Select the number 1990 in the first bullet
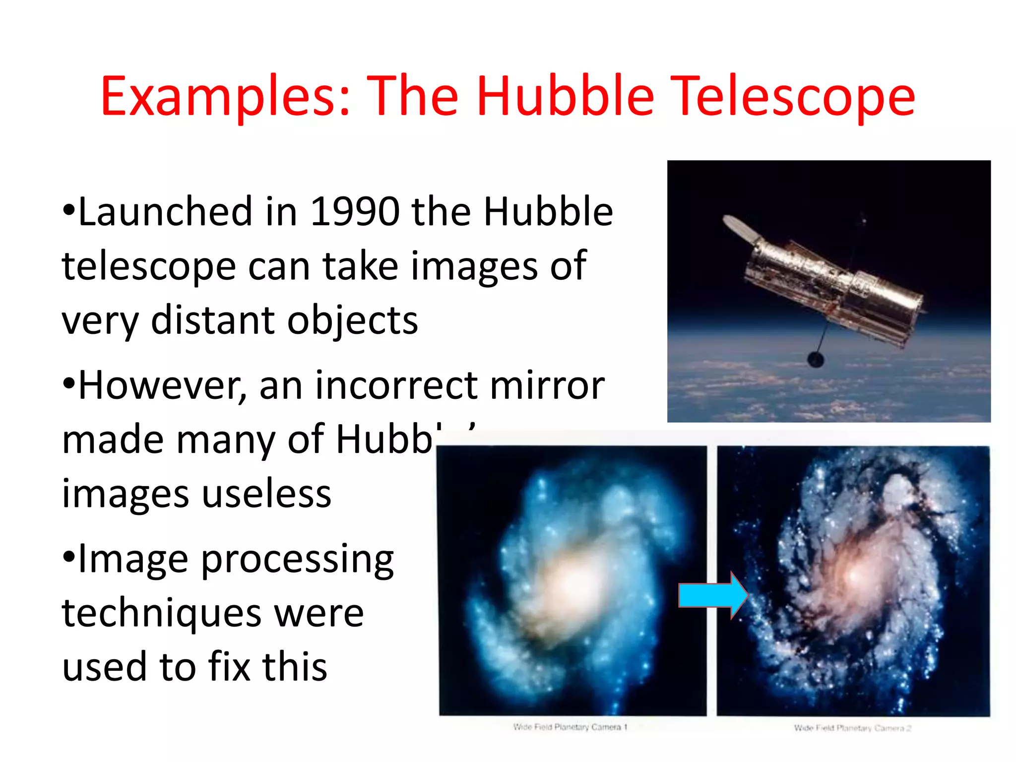click(x=355, y=212)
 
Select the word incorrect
click(x=396, y=386)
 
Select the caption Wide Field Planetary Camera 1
click(x=571, y=727)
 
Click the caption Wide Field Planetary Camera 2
click(x=852, y=728)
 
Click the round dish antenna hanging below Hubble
click(x=816, y=359)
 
